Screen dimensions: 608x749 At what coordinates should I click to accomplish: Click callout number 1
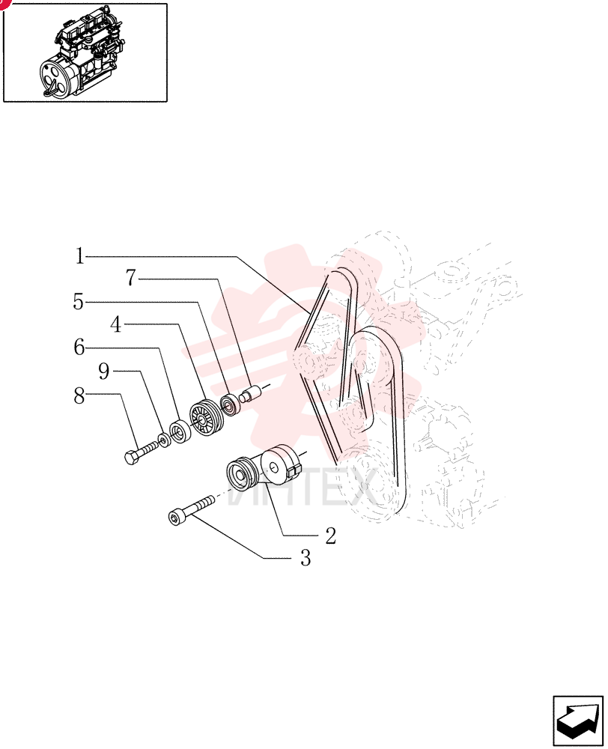(80, 256)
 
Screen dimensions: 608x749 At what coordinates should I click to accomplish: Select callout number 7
(131, 278)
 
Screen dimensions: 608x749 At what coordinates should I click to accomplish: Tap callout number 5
(79, 302)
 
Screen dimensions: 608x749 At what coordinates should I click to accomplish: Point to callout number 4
(116, 325)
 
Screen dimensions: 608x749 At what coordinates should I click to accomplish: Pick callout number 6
(79, 348)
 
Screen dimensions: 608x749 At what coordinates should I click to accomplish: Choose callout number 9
(104, 372)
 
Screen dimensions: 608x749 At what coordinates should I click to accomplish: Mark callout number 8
(79, 396)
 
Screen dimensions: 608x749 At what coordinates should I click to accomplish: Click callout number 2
(331, 536)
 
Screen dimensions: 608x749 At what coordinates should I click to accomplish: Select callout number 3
(305, 558)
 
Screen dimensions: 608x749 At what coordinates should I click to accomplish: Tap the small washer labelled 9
(163, 439)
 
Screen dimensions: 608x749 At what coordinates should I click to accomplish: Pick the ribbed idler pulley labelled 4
(205, 416)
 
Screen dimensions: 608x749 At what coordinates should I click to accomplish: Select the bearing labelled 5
(229, 405)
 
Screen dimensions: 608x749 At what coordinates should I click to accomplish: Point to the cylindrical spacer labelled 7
(250, 395)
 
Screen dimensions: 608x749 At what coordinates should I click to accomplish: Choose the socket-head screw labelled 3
(191, 510)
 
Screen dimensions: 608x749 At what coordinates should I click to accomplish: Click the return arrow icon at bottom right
(578, 721)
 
